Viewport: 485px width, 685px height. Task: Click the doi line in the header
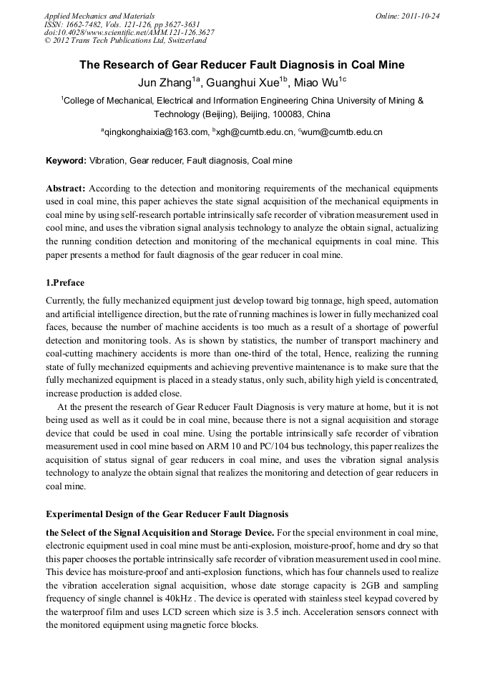click(129, 32)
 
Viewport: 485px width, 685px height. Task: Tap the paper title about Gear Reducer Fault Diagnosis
click(242, 65)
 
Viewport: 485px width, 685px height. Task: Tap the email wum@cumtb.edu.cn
click(343, 132)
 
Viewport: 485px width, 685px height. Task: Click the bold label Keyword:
click(66, 161)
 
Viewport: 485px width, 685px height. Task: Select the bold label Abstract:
click(66, 189)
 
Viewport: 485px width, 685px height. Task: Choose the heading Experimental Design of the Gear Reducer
click(167, 514)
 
